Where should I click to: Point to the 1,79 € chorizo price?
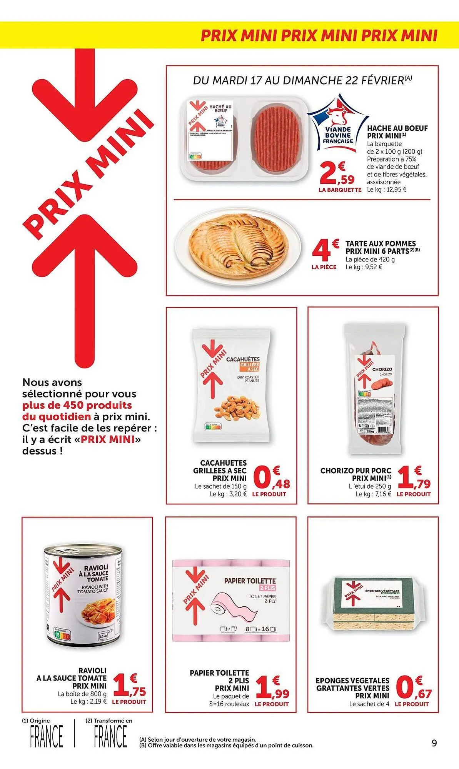(414, 479)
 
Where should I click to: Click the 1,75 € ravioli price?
(130, 688)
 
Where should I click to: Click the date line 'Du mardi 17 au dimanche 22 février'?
(302, 80)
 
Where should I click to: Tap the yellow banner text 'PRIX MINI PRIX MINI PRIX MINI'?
(319, 36)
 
